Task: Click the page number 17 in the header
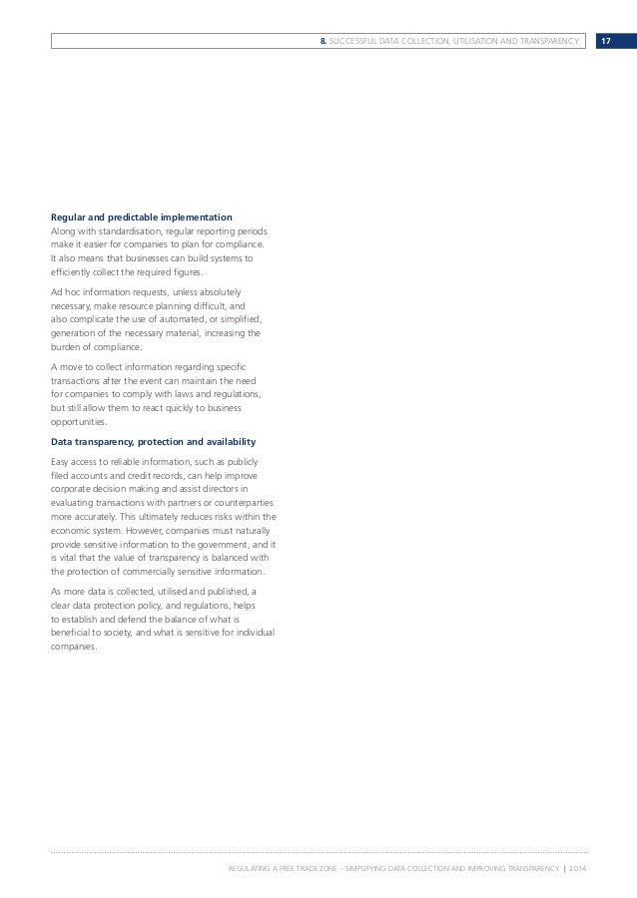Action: [x=605, y=40]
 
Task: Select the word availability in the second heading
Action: [x=222, y=442]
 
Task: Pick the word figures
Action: [x=187, y=272]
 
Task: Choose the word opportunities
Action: [x=80, y=422]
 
